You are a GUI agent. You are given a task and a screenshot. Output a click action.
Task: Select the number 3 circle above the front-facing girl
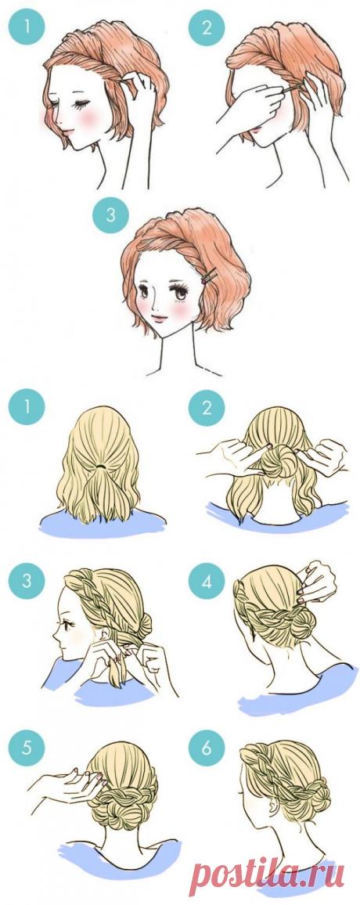[110, 216]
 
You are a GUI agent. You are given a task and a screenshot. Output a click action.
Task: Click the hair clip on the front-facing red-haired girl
[209, 276]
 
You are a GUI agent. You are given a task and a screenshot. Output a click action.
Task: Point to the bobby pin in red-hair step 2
[292, 88]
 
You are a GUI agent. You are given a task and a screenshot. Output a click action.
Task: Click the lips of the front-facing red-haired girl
[157, 318]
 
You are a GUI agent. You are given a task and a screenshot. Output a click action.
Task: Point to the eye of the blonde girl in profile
[67, 625]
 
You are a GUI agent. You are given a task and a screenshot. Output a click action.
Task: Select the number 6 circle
[207, 749]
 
